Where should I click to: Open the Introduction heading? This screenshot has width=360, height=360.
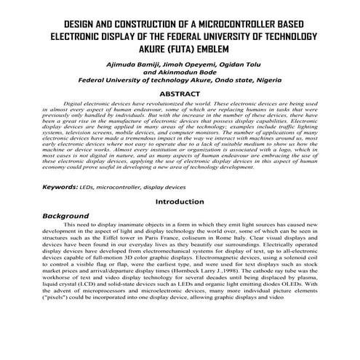point(180,201)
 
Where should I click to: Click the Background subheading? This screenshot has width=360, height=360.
point(70,216)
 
